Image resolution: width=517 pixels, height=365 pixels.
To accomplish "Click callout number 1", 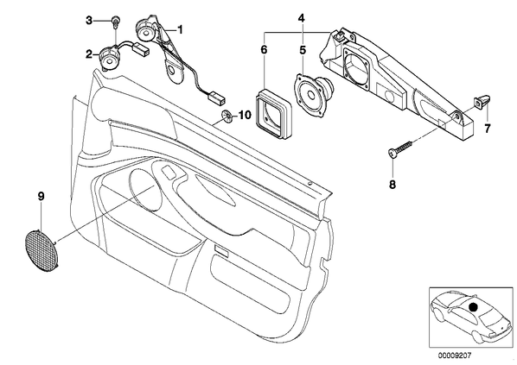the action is [x=180, y=30].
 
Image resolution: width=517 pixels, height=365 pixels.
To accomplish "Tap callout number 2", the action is [x=89, y=54].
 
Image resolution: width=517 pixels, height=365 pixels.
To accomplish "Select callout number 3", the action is [x=89, y=21].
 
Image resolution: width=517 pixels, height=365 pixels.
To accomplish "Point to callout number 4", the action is [x=302, y=18].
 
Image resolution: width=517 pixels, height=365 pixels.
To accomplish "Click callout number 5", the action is [x=303, y=50].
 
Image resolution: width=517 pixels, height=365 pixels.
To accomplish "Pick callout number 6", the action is [x=264, y=50].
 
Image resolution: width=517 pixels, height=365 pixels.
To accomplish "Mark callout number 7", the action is [x=488, y=129].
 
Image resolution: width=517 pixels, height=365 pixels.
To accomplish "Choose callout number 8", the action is [x=393, y=185].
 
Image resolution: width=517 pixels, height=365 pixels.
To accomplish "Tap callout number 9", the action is [x=41, y=197].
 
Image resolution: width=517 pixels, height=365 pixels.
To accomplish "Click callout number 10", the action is [x=245, y=115].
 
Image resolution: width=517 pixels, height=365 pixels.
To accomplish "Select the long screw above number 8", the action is [x=400, y=149].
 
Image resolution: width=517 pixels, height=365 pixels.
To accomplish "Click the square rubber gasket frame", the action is [x=273, y=111].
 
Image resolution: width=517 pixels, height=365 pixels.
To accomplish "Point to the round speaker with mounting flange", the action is [x=313, y=94].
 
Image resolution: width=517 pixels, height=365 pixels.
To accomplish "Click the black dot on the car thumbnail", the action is [x=473, y=307].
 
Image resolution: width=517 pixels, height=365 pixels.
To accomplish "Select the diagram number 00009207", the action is [x=455, y=356].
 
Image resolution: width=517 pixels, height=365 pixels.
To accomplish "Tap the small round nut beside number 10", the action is [x=227, y=116].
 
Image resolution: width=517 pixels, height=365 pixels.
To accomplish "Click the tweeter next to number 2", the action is [x=108, y=58].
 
